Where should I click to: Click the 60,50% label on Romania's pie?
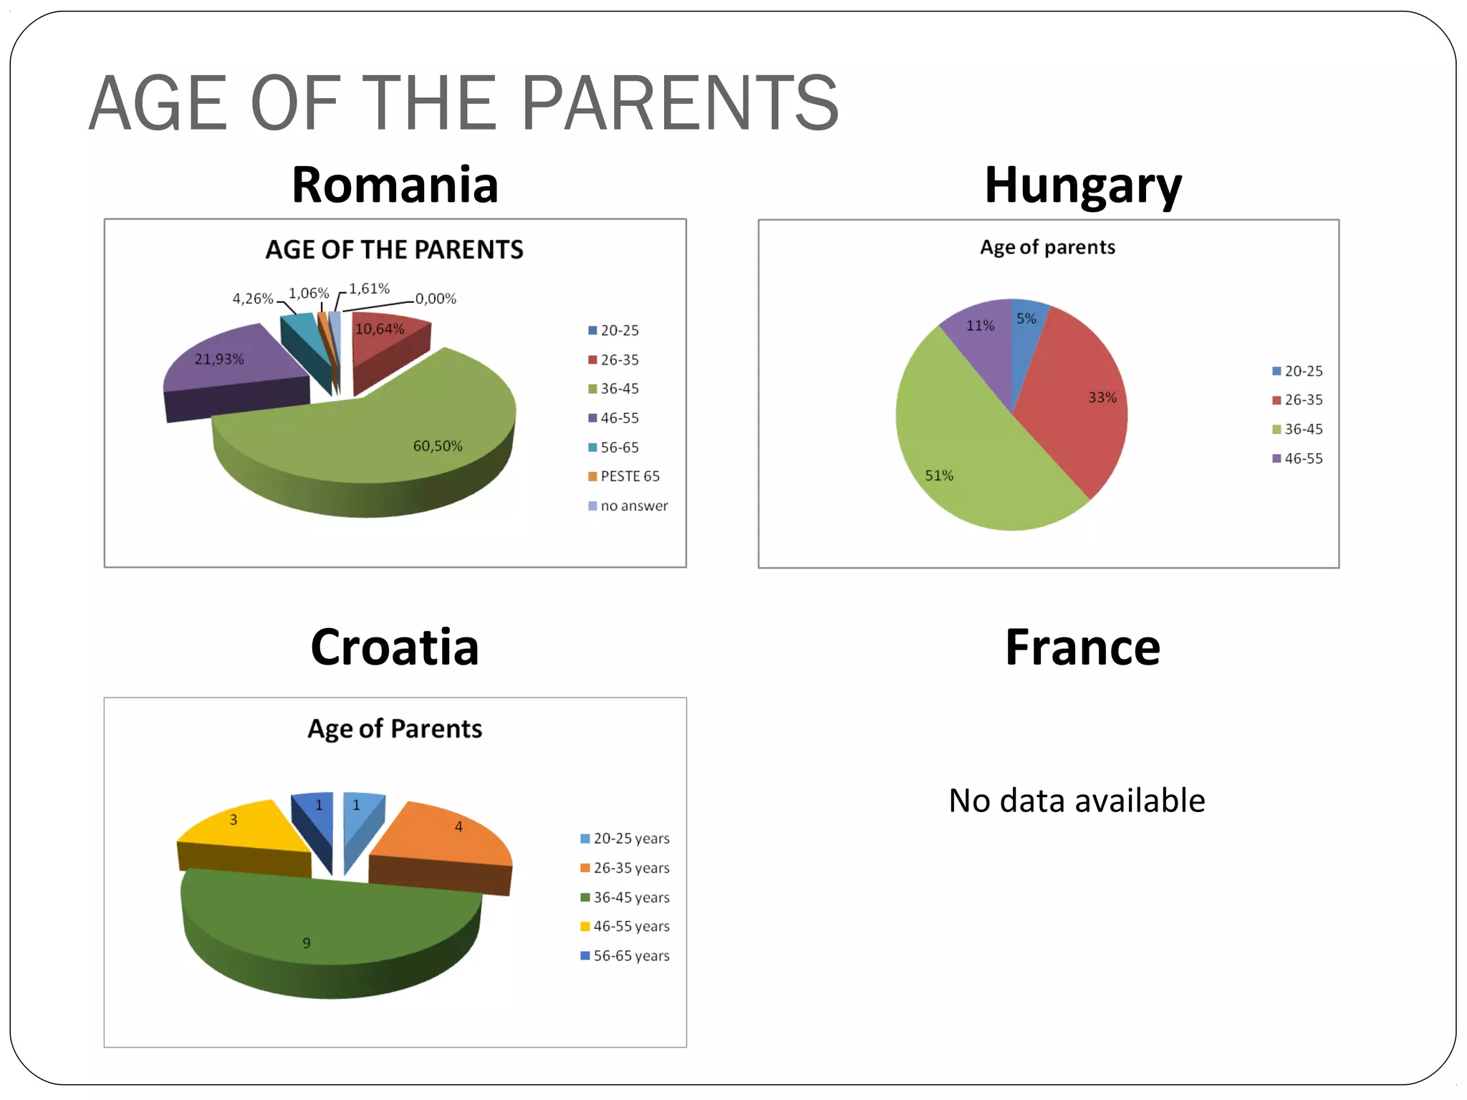click(x=438, y=446)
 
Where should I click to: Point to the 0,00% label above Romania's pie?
click(x=436, y=299)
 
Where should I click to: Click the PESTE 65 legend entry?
click(x=624, y=476)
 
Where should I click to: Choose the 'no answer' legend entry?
click(x=628, y=506)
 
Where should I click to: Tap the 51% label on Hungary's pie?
click(x=939, y=476)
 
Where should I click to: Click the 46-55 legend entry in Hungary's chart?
click(x=1297, y=458)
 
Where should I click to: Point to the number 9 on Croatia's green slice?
click(x=307, y=943)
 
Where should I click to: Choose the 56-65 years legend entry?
click(x=625, y=956)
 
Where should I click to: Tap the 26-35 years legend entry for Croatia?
click(x=625, y=868)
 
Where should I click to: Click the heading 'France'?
click(x=1082, y=647)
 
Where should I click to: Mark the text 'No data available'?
click(x=1077, y=801)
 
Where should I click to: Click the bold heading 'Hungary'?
click(x=1082, y=185)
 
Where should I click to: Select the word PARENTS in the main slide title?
click(x=680, y=104)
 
